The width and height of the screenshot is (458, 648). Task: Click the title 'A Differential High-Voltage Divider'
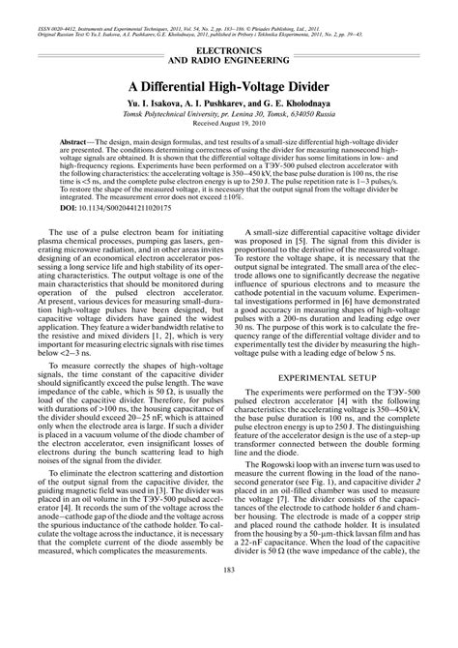coord(229,85)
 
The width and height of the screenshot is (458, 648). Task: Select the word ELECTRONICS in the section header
coord(229,49)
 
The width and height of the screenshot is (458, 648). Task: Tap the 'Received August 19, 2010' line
coord(229,125)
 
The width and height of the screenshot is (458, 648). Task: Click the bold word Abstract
coord(80,142)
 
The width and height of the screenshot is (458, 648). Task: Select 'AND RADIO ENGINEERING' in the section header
coord(229,60)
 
